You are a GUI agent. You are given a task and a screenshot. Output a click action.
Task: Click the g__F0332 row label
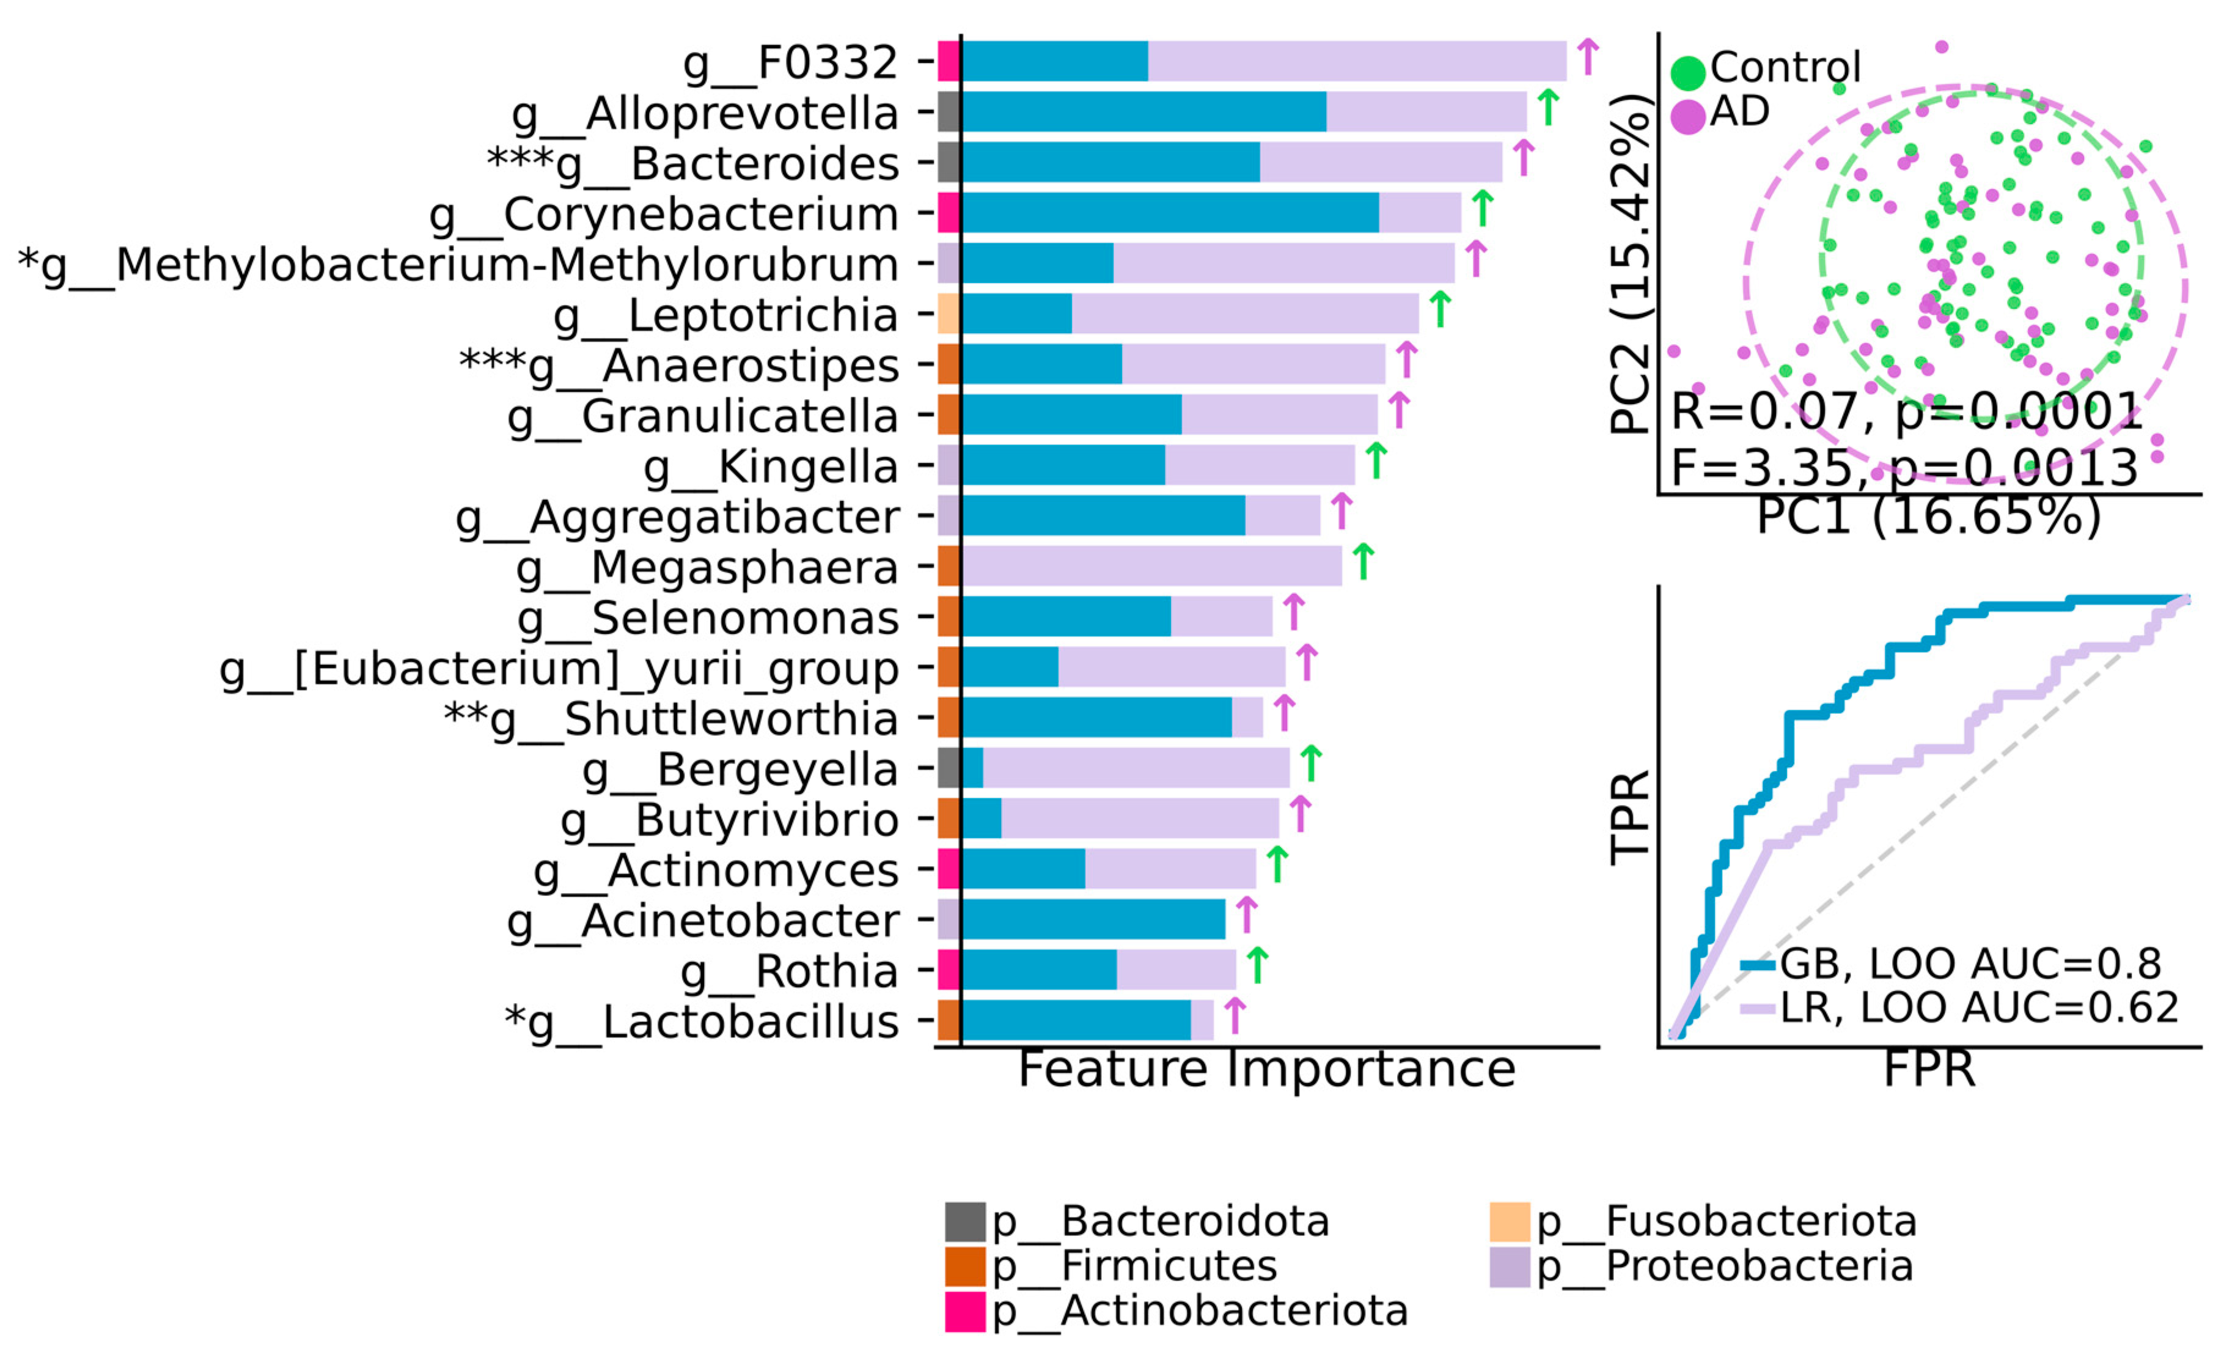[790, 63]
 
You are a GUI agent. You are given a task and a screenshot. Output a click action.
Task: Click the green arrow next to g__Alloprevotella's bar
[1548, 108]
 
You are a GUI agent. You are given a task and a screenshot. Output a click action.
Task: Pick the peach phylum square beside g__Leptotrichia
[948, 314]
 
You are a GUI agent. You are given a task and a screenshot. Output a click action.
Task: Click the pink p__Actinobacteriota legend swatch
[964, 1311]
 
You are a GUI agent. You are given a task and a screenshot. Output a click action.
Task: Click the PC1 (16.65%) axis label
[1928, 517]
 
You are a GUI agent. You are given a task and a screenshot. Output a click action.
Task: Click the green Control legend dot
[1687, 72]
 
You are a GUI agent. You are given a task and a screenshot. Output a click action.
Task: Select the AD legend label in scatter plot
[1739, 112]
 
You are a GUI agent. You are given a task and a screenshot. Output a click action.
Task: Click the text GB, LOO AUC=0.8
[1970, 964]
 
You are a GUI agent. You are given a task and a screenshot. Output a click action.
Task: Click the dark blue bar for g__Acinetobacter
[1093, 919]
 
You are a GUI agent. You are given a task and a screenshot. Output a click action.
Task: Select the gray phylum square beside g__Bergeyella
[948, 767]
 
